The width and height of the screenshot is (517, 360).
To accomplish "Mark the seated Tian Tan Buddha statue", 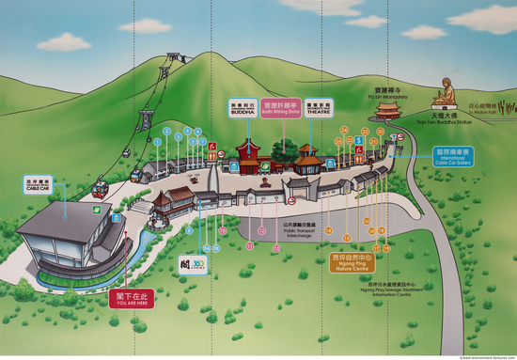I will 445,95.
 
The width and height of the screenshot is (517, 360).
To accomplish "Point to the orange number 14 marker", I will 329,230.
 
